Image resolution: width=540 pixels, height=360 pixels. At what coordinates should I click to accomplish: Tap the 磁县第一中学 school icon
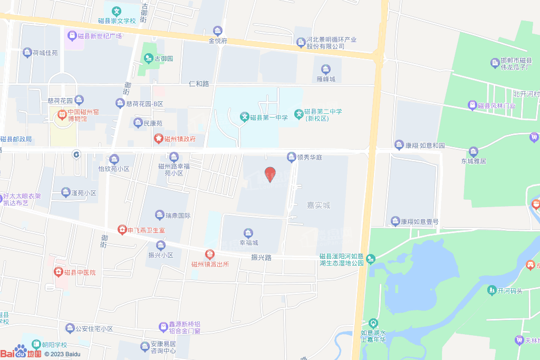tap(244, 116)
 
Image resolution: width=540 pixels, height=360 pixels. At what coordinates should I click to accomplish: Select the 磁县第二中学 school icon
tap(298, 113)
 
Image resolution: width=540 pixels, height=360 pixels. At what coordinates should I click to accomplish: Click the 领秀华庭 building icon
tap(291, 157)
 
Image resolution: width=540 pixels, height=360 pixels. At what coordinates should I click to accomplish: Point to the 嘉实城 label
tap(319, 205)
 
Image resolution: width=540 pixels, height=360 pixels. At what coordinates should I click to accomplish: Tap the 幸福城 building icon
tap(248, 233)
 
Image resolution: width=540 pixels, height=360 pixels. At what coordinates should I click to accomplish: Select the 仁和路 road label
tap(199, 84)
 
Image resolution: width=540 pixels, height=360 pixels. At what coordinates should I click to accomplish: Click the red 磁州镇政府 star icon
tap(158, 139)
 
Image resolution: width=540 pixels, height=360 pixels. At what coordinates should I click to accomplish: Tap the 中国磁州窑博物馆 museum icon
tap(62, 112)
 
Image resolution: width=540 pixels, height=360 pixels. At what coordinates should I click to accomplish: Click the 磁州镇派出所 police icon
tap(209, 254)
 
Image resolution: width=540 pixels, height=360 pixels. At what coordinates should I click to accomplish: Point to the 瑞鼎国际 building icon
tap(160, 215)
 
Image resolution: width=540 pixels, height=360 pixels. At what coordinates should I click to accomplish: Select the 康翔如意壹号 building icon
tap(395, 221)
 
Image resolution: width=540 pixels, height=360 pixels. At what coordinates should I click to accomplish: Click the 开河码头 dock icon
tap(491, 290)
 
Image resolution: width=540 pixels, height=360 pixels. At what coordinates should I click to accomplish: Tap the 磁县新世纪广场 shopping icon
tap(72, 36)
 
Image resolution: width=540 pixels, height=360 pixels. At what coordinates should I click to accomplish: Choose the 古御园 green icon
tap(148, 58)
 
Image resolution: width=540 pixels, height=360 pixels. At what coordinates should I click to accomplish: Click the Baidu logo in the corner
tap(21, 353)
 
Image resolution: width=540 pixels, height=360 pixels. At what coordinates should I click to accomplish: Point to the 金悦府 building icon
tap(217, 31)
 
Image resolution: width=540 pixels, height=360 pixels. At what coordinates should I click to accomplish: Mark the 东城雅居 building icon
tap(473, 152)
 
